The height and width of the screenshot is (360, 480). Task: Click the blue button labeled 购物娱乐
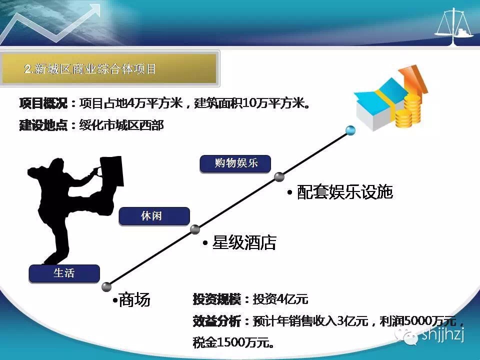[x=235, y=164]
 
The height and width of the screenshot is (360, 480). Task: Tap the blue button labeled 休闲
[x=154, y=216]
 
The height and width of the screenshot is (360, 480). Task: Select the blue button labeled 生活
[x=64, y=273]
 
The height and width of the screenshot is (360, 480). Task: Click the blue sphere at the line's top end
[x=350, y=130]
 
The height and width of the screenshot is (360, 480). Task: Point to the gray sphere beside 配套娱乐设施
[x=279, y=176]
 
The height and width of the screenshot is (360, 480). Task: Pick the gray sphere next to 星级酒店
[x=195, y=229]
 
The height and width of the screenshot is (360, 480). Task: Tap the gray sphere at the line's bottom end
[x=106, y=287]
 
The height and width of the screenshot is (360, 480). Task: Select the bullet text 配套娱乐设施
[x=340, y=192]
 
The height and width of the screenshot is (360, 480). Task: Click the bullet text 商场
[x=131, y=299]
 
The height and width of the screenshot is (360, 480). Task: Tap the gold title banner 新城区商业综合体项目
[x=109, y=68]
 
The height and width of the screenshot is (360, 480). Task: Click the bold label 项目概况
[x=43, y=103]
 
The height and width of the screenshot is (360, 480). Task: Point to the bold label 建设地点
[x=43, y=125]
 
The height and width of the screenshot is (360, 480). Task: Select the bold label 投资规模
[x=216, y=299]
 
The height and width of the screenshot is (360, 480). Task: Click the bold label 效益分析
[x=216, y=321]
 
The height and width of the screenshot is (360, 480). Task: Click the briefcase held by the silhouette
[x=111, y=171]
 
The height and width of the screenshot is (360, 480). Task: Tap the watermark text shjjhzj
[x=443, y=334]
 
